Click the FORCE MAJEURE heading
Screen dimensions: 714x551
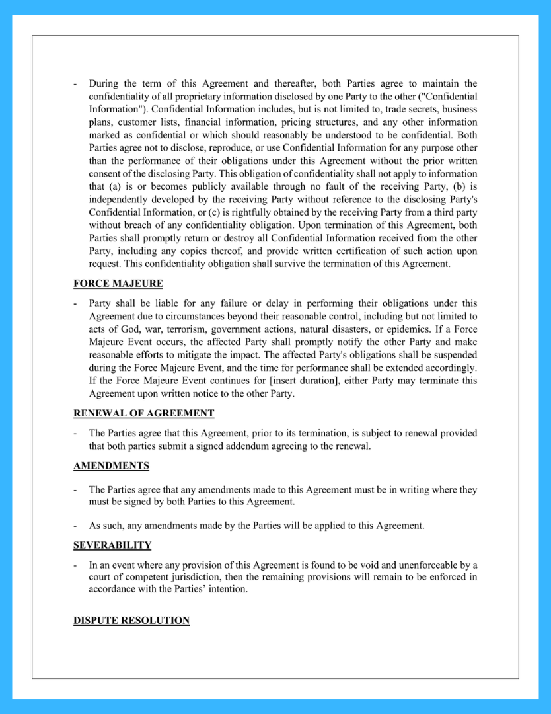[x=118, y=284]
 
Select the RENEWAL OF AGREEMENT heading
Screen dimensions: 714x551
[x=143, y=413]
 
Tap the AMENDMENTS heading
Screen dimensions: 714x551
[x=111, y=466]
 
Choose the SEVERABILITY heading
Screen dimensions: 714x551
[x=112, y=545]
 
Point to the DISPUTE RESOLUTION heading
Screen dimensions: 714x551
[x=131, y=621]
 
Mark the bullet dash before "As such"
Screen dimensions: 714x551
[x=75, y=526]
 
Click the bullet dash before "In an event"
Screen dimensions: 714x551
[x=75, y=565]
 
